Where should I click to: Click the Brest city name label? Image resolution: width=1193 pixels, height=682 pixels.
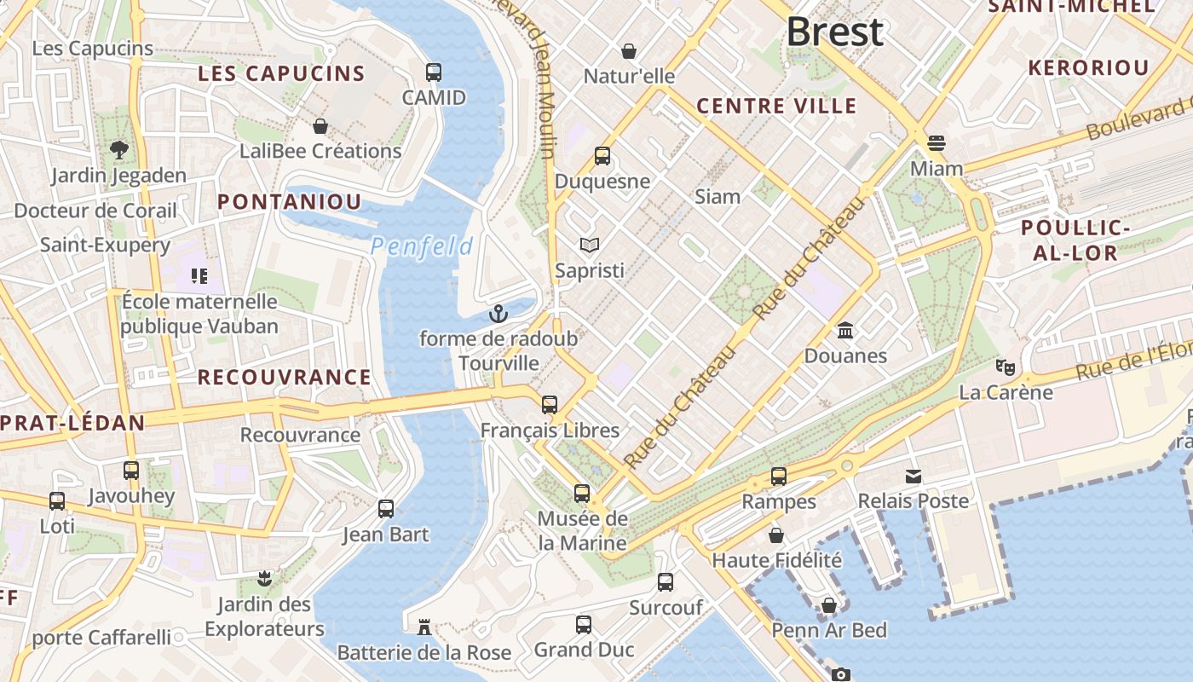click(834, 32)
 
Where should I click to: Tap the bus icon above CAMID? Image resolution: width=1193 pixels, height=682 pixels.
click(434, 72)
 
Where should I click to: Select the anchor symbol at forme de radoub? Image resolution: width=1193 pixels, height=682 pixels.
click(499, 314)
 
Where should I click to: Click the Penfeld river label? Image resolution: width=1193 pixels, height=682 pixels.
click(422, 247)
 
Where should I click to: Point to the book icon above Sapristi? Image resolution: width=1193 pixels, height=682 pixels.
click(589, 246)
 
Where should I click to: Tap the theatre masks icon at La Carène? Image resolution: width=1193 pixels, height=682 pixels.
click(1006, 367)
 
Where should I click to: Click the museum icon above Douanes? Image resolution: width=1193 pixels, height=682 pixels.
click(845, 330)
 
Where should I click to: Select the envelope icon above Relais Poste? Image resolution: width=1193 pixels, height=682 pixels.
click(913, 476)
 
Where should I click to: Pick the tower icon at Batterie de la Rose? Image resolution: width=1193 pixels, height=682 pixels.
click(424, 628)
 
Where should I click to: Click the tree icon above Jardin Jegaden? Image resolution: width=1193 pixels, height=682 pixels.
click(118, 150)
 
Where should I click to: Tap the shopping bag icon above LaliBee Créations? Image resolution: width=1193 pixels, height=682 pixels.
click(320, 126)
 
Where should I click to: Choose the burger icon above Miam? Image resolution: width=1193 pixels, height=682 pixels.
click(937, 142)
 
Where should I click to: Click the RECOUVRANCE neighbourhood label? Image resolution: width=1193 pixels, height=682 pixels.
click(284, 377)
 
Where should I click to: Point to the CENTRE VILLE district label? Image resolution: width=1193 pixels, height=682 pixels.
click(776, 106)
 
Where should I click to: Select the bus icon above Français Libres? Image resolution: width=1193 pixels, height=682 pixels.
click(550, 405)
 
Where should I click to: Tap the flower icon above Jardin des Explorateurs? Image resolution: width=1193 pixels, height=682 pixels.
click(264, 580)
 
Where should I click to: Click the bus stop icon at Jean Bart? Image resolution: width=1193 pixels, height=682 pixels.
click(386, 509)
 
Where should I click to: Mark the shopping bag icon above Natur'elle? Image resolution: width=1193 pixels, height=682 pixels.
click(629, 51)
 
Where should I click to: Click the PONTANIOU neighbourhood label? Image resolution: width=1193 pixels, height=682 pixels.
click(289, 202)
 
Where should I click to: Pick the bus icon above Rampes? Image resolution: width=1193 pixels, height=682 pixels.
click(779, 477)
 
